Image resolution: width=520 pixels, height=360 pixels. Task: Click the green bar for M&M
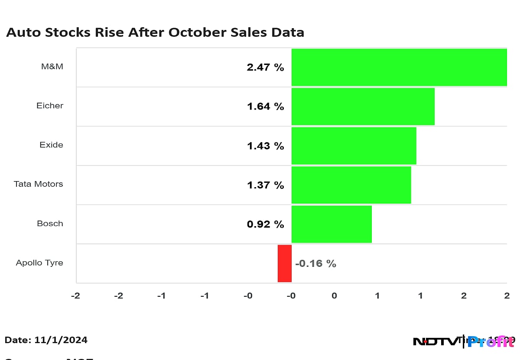pyautogui.click(x=399, y=67)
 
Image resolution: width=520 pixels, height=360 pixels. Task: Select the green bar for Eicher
pyautogui.click(x=363, y=107)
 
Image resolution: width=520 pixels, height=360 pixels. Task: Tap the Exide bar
pyautogui.click(x=354, y=146)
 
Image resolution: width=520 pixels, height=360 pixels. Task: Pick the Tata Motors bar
pyautogui.click(x=351, y=185)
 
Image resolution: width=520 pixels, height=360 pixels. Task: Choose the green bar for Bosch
pyautogui.click(x=331, y=224)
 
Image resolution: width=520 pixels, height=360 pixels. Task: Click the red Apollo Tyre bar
pyautogui.click(x=285, y=263)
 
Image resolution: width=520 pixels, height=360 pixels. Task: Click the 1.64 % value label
pyautogui.click(x=266, y=107)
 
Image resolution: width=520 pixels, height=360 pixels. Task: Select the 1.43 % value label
pyautogui.click(x=266, y=146)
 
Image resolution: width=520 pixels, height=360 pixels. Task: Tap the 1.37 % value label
pyautogui.click(x=266, y=185)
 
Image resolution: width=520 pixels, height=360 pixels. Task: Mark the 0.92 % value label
pyautogui.click(x=266, y=224)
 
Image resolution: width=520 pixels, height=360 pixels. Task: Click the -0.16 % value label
pyautogui.click(x=315, y=263)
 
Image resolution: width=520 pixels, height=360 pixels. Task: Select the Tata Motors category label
pyautogui.click(x=39, y=184)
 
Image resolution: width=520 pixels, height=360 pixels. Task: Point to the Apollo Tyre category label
pyautogui.click(x=39, y=263)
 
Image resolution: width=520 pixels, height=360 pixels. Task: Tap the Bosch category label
pyautogui.click(x=50, y=224)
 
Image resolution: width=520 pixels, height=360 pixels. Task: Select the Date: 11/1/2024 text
pyautogui.click(x=46, y=340)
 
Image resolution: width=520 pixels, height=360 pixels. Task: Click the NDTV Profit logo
pyautogui.click(x=464, y=341)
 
